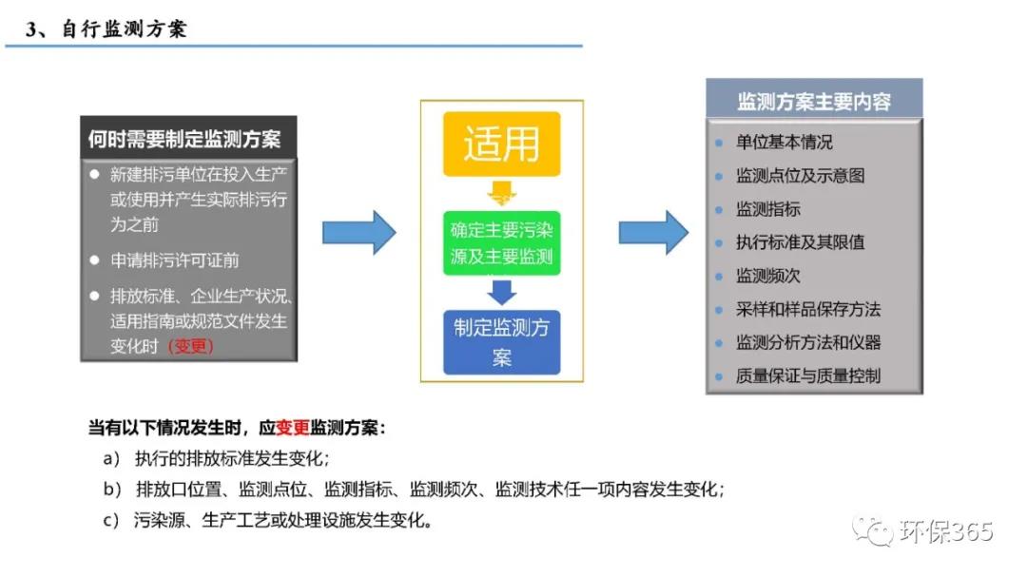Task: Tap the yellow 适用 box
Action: pyautogui.click(x=501, y=144)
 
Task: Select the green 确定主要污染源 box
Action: pyautogui.click(x=501, y=242)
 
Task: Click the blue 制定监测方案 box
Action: pyautogui.click(x=501, y=342)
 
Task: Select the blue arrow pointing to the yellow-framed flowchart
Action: pyautogui.click(x=358, y=232)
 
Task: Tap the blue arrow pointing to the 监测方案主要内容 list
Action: pyautogui.click(x=653, y=232)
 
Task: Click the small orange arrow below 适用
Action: pyautogui.click(x=501, y=196)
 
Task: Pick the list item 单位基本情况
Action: pyautogui.click(x=785, y=143)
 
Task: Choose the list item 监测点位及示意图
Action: pyautogui.click(x=800, y=176)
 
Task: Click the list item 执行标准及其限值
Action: pyautogui.click(x=800, y=242)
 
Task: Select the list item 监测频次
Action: pyautogui.click(x=768, y=276)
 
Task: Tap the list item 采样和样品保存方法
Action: pyautogui.click(x=808, y=309)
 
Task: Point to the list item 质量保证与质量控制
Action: pyautogui.click(x=808, y=375)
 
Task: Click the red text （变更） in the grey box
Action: pyautogui.click(x=190, y=346)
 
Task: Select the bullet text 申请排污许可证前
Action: pyautogui.click(x=174, y=260)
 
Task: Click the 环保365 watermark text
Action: pyautogui.click(x=945, y=530)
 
